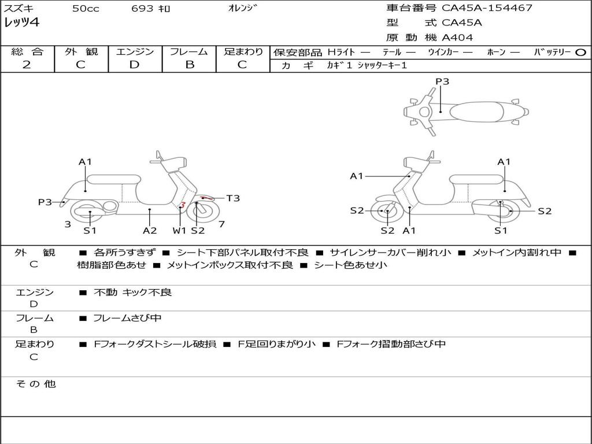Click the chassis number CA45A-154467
click(x=487, y=8)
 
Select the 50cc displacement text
click(x=86, y=8)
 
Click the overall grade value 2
click(x=27, y=65)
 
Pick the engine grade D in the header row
click(x=134, y=65)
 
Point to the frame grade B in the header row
click(x=190, y=65)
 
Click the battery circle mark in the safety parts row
click(x=580, y=53)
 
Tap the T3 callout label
click(x=233, y=198)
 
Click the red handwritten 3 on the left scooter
click(x=182, y=205)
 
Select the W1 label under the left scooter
click(x=179, y=230)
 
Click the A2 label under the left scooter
click(x=150, y=230)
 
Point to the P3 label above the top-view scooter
click(x=442, y=81)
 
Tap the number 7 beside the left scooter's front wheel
click(x=221, y=224)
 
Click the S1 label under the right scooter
click(x=501, y=230)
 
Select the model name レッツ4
click(x=21, y=23)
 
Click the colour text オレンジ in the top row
click(x=242, y=8)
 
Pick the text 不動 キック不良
click(x=132, y=292)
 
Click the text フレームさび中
click(x=127, y=318)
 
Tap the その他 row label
click(x=36, y=384)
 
